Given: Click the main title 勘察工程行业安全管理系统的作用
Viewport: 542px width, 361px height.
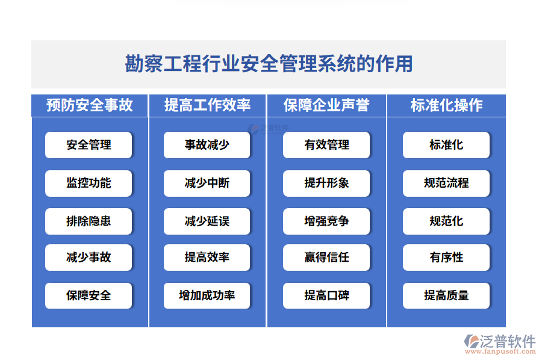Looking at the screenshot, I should click(x=269, y=64).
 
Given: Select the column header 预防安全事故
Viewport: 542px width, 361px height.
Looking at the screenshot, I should click(x=89, y=105).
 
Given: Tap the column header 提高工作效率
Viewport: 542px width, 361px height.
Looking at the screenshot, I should click(x=207, y=105).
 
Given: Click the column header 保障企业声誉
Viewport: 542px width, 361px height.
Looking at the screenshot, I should click(x=326, y=105).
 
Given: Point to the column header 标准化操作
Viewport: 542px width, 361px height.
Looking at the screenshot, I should click(x=446, y=105).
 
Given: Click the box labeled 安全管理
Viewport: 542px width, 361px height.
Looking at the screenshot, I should click(x=89, y=145).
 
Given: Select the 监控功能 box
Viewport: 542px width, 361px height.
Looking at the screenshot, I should click(x=89, y=183).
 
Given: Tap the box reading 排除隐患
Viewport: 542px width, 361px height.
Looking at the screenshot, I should click(x=89, y=221).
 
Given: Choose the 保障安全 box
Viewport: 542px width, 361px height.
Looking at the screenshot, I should click(x=89, y=295).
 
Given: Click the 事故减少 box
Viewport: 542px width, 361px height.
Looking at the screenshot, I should click(x=207, y=145).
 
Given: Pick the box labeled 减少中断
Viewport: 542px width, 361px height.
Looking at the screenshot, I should click(x=207, y=183).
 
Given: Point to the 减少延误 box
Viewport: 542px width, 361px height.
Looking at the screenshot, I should click(x=207, y=221).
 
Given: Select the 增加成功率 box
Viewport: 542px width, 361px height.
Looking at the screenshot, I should click(x=207, y=295).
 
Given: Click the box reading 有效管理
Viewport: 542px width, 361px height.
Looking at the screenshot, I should click(x=326, y=145).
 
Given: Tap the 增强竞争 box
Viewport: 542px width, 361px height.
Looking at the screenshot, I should click(x=326, y=221).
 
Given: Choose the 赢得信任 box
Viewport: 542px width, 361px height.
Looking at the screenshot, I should click(x=326, y=258).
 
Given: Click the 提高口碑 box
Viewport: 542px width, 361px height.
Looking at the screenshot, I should click(x=326, y=295).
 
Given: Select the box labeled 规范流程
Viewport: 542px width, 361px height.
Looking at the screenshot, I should click(x=446, y=183).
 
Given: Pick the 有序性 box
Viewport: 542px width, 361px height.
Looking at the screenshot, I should click(x=446, y=258).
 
